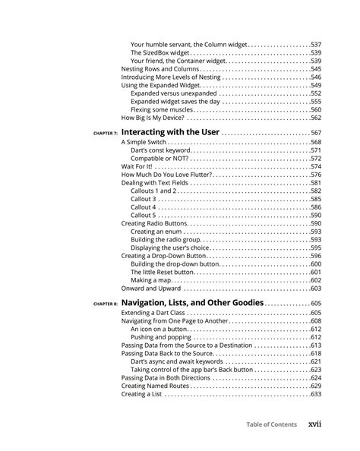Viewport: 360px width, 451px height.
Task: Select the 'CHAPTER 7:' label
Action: click(106, 134)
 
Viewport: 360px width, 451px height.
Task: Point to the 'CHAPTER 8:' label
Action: click(106, 304)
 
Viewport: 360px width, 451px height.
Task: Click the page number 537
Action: click(316, 45)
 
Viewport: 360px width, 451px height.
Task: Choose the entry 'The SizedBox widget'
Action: click(159, 53)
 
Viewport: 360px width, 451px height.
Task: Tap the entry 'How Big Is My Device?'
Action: click(152, 118)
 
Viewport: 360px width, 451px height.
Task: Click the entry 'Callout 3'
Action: click(144, 199)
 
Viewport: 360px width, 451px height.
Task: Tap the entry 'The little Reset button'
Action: click(163, 272)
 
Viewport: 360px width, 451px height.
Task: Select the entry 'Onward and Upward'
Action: click(150, 289)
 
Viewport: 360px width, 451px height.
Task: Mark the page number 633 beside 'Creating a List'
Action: click(316, 395)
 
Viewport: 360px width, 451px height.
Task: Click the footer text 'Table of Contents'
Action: click(271, 424)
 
